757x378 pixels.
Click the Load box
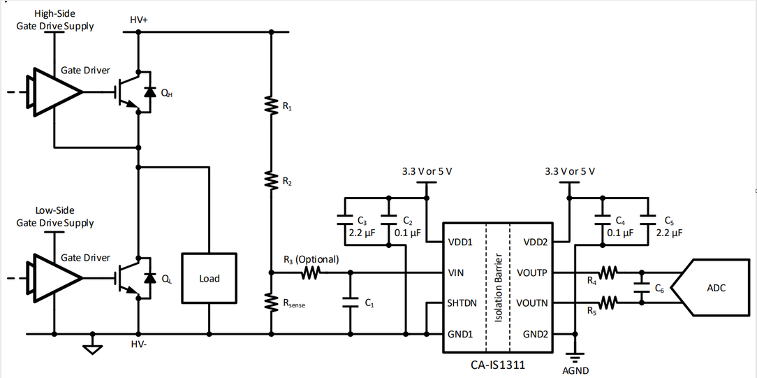[209, 278]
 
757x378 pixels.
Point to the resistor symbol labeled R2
[272, 180]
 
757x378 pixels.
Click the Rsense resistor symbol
[272, 302]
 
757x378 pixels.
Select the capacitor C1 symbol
[350, 303]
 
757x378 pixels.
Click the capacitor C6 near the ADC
[640, 287]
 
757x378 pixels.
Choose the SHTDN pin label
[462, 303]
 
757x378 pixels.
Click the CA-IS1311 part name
[497, 364]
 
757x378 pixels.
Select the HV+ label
[139, 20]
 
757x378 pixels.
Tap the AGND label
[575, 370]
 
